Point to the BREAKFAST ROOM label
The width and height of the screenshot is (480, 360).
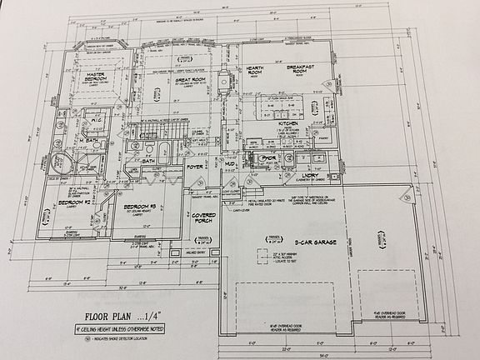point(304,72)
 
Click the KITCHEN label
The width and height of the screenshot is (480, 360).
point(287,122)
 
